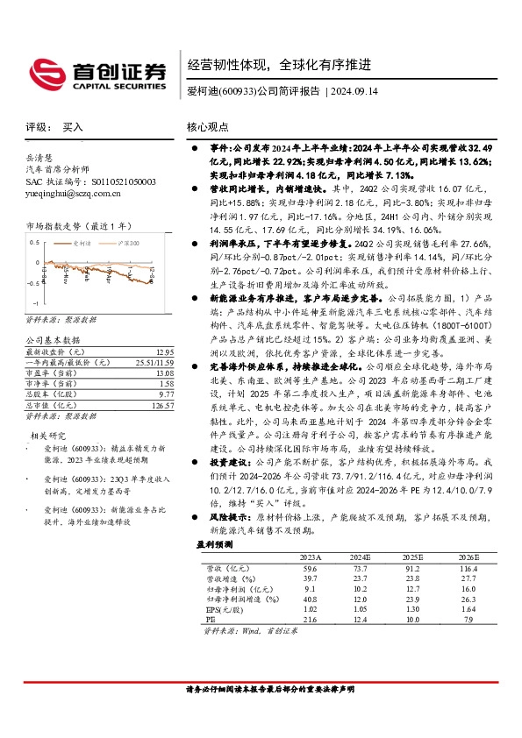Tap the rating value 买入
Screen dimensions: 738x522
pyautogui.click(x=73, y=127)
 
